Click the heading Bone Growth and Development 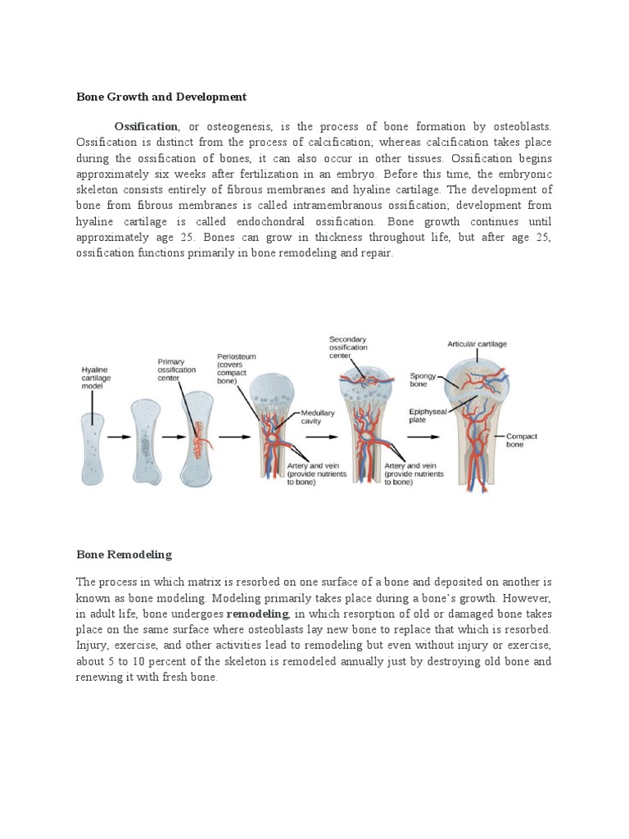coord(161,97)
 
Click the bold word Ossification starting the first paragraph coord(147,127)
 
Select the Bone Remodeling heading coord(124,555)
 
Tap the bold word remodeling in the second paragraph coord(257,614)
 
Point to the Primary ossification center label coord(176,370)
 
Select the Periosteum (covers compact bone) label coord(234,369)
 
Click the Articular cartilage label coord(477,344)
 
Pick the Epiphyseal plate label coord(428,415)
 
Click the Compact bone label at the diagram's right coord(522,441)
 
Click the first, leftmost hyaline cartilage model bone coord(94,447)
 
